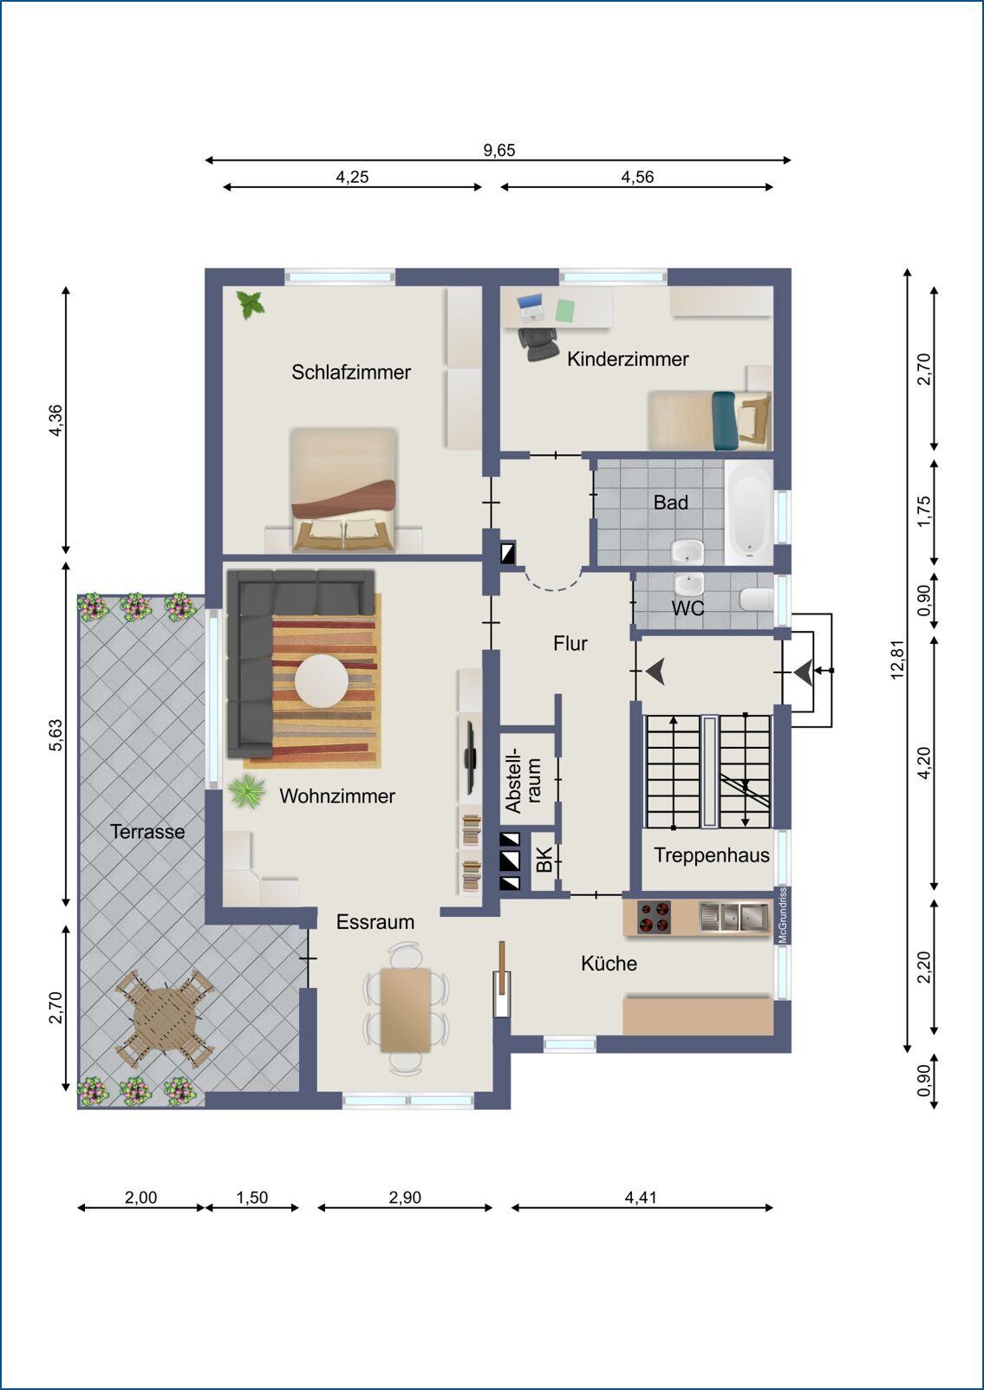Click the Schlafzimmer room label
pos(351,373)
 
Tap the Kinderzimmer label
pos(628,359)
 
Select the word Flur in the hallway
pos(570,644)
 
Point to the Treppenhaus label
pos(712,855)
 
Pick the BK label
pos(544,860)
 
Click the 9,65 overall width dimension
pos(499,150)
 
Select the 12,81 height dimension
pos(897,659)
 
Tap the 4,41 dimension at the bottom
pos(640,1197)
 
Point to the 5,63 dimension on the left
pos(55,735)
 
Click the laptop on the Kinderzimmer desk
pos(531,307)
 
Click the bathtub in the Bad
pos(749,512)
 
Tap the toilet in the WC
pos(756,600)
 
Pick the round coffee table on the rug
pos(321,681)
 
